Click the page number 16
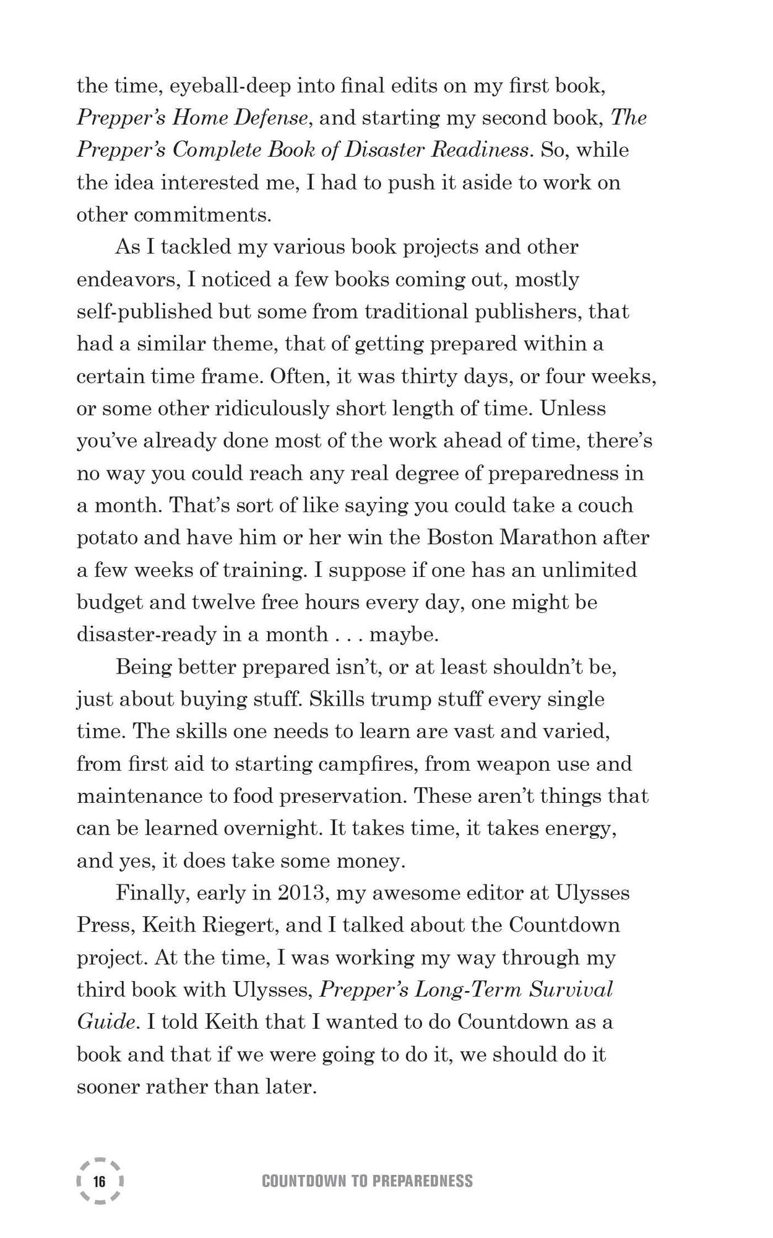[x=99, y=1181]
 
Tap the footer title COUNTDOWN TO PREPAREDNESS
[x=367, y=1181]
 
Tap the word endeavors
[x=127, y=279]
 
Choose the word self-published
[x=143, y=311]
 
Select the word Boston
[x=459, y=537]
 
